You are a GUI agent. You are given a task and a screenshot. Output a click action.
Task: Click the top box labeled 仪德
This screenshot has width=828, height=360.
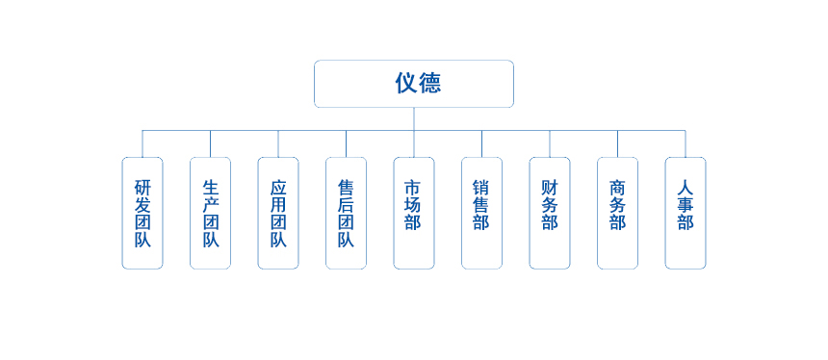[x=414, y=84]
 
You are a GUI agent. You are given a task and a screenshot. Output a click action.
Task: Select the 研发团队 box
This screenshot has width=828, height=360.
[x=142, y=213]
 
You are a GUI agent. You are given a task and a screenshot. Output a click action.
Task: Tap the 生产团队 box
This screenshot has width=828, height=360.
[x=210, y=213]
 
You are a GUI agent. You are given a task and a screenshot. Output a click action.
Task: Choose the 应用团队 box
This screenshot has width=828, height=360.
[x=278, y=213]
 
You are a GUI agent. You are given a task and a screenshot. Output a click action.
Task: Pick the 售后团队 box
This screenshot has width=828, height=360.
[x=346, y=213]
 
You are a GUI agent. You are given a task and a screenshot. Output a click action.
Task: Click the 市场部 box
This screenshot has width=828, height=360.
[x=414, y=213]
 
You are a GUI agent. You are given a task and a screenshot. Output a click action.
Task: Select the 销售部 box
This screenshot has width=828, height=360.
[x=481, y=213]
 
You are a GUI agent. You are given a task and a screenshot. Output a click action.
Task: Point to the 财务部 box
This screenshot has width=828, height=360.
[x=550, y=213]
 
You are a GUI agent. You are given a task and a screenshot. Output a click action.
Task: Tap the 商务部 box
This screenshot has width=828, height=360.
[x=617, y=213]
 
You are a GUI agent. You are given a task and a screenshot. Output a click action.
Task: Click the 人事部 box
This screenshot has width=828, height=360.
[x=686, y=213]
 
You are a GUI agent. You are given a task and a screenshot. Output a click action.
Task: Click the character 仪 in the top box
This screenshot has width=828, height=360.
[x=404, y=84]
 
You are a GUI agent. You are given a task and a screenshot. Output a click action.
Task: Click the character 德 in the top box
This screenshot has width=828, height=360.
[x=429, y=84]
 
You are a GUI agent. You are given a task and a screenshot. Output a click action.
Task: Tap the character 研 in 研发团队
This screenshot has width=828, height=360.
[x=142, y=188]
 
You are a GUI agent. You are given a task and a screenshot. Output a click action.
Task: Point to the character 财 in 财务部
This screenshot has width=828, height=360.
[x=550, y=189]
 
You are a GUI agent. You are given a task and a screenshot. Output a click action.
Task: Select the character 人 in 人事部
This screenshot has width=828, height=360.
[x=686, y=189]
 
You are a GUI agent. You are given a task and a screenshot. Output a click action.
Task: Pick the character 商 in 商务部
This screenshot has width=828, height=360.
[x=617, y=189]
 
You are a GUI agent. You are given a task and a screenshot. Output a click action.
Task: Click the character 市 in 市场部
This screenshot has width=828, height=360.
[x=414, y=189]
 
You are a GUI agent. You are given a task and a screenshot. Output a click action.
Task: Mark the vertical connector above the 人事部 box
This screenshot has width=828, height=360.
[x=686, y=143]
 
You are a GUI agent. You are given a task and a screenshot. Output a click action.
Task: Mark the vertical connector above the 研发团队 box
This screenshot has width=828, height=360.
[x=142, y=143]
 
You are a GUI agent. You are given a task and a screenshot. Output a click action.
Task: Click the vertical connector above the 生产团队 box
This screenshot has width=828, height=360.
[x=210, y=143]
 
